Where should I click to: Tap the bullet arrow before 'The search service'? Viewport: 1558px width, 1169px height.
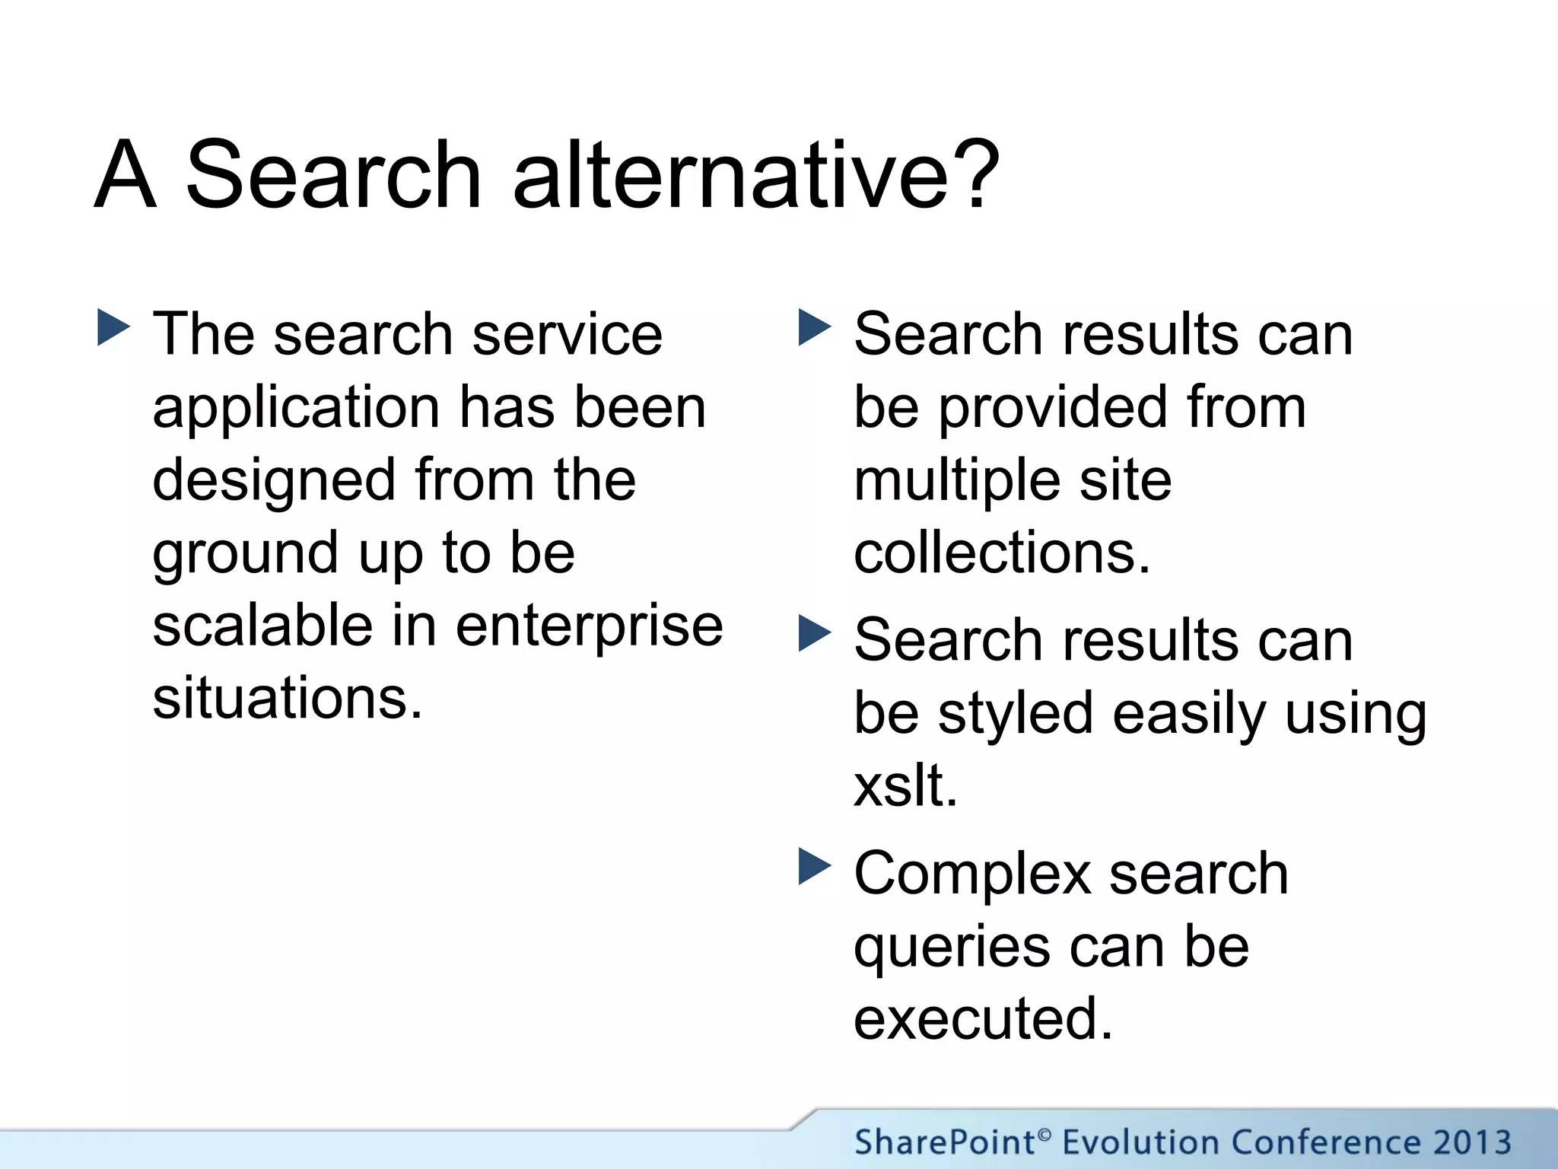114,328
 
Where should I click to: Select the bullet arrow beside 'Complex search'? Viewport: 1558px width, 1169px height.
815,867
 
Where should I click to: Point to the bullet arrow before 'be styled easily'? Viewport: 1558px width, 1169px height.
815,633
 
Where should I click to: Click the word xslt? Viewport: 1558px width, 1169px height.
905,785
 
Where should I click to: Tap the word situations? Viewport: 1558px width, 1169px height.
287,699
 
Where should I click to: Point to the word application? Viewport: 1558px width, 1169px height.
296,409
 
